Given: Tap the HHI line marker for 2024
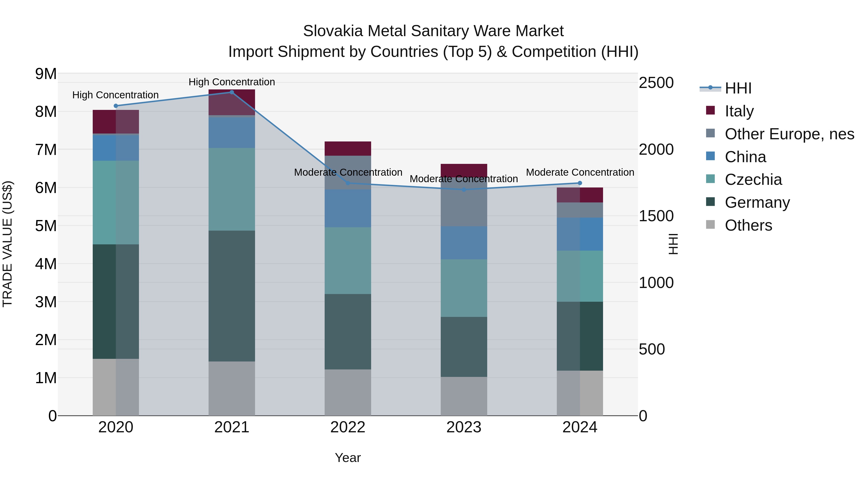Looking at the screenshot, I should point(580,183).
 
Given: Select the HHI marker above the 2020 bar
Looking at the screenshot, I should point(116,106).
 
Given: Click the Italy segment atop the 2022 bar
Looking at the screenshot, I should point(348,148).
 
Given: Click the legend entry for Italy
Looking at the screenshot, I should point(739,111).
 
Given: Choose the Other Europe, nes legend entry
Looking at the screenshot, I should point(789,134).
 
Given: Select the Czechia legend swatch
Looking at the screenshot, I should point(710,179).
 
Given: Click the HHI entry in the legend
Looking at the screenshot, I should point(738,88).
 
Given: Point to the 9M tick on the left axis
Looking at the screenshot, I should point(46,74).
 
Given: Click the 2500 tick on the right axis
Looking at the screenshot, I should point(656,83).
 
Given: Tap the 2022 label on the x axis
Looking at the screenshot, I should point(348,427).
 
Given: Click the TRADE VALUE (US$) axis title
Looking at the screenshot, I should point(7,244).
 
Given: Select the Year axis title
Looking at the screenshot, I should point(348,458).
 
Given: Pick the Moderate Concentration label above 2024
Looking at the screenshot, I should point(580,173).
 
